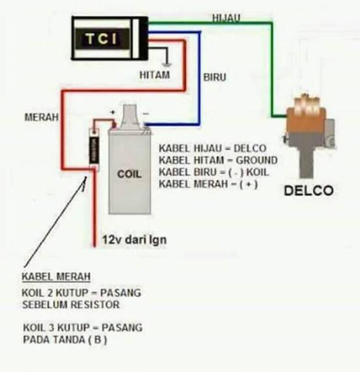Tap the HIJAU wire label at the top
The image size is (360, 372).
click(226, 18)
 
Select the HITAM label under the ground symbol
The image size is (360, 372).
click(154, 75)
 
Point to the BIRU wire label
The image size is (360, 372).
click(214, 77)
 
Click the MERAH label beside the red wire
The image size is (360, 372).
click(41, 117)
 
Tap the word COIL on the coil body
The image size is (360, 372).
click(129, 174)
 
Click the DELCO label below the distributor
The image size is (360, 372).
click(308, 191)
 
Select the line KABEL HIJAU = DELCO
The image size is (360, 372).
click(212, 148)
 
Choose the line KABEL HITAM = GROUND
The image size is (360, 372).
click(218, 160)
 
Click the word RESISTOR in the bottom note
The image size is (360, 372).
click(100, 305)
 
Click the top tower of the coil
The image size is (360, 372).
click(129, 111)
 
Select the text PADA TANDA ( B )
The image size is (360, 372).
click(65, 339)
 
